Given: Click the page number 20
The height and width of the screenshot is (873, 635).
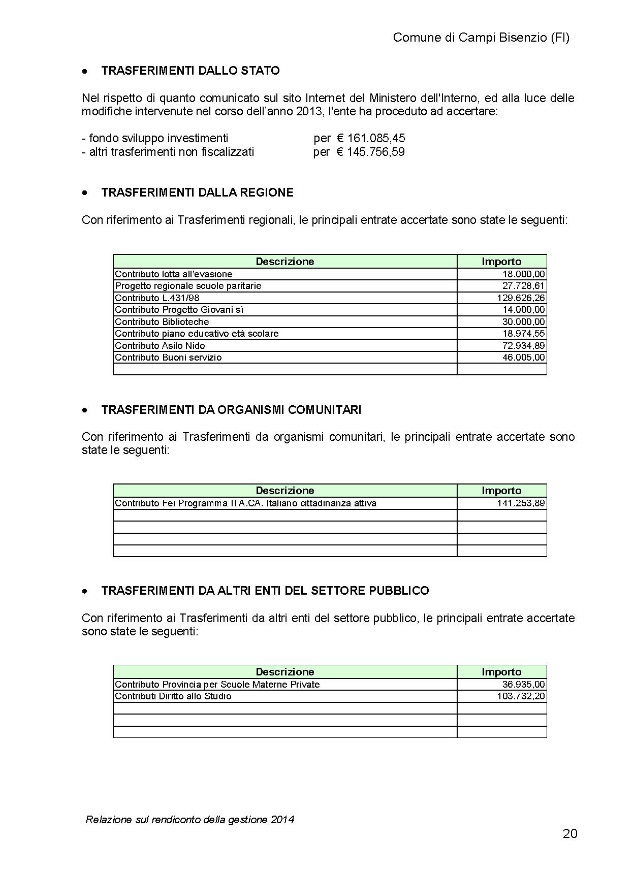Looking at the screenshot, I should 570,834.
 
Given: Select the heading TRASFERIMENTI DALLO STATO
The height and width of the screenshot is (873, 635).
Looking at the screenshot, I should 190,71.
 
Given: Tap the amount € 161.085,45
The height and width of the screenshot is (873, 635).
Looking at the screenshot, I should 371,138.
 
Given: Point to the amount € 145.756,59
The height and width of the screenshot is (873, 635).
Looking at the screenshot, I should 371,152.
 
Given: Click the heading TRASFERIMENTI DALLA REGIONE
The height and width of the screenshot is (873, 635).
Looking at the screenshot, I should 197,192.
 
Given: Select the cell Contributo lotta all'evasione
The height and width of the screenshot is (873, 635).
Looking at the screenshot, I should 174,274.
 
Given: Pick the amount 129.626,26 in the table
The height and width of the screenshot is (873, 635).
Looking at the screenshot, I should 521,298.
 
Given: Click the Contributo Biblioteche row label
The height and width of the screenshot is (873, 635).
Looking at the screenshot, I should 162,322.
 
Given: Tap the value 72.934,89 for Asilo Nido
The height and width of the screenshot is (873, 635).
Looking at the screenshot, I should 523,346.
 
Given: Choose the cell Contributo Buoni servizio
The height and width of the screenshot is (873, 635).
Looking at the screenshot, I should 168,358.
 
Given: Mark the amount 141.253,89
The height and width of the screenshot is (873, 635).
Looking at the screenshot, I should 521,503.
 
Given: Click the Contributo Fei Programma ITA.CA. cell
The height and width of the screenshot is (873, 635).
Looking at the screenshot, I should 245,503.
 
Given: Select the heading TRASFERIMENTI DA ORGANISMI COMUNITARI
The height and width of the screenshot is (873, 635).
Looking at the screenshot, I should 231,410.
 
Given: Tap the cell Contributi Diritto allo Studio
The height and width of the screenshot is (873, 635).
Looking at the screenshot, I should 173,696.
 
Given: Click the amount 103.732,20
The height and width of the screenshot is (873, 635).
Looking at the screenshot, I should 521,696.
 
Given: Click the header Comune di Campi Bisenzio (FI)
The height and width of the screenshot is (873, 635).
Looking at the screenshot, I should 481,38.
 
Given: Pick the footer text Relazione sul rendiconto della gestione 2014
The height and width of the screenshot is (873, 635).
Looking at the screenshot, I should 190,819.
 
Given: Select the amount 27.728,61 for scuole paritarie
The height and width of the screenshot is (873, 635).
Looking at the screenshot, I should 523,286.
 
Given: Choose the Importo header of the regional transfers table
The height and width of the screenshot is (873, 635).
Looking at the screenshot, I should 501,262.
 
